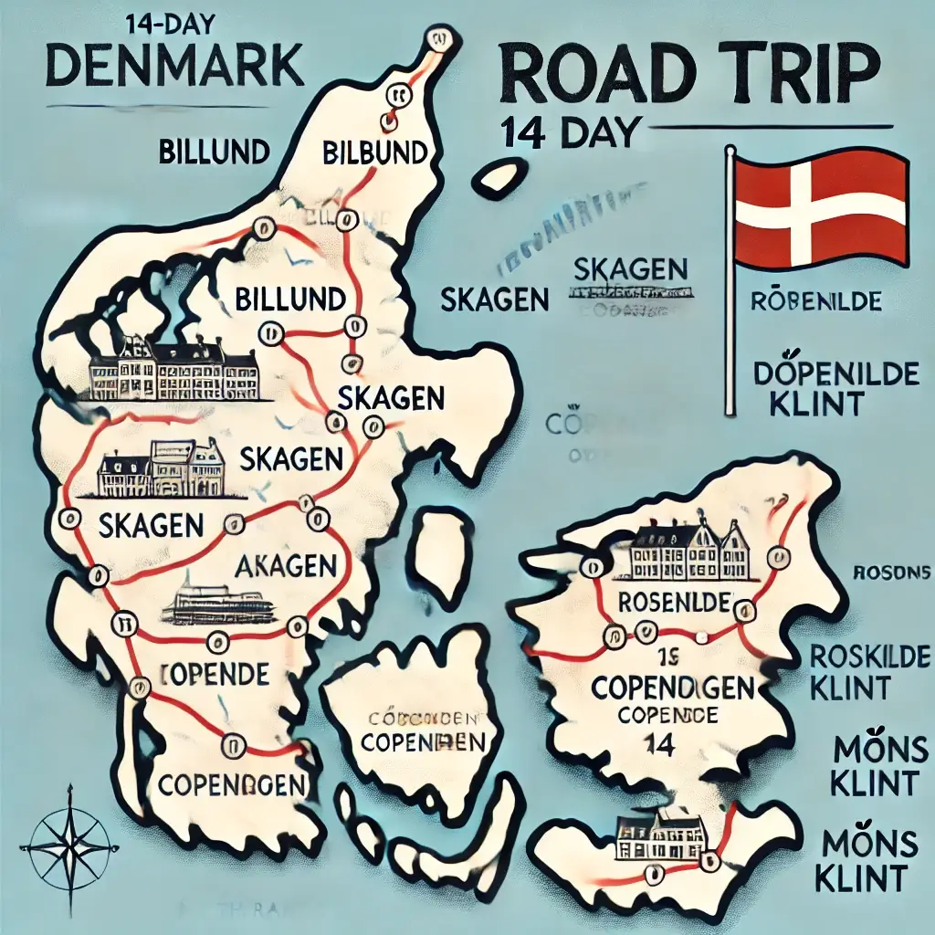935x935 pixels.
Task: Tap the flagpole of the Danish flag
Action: coord(730,283)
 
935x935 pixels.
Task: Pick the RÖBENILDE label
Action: coord(815,301)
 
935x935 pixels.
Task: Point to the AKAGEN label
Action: coord(286,566)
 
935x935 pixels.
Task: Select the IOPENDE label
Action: coord(215,674)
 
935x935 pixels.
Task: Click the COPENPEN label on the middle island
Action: coord(422,741)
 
